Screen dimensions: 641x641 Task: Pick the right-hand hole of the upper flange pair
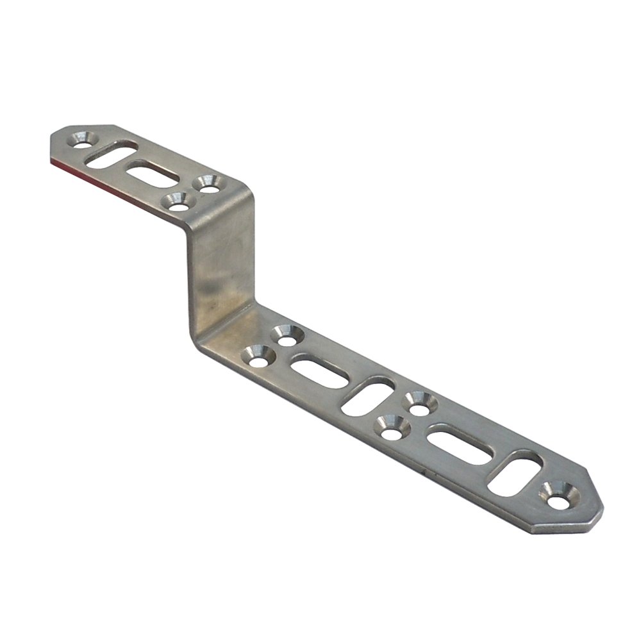point(207,185)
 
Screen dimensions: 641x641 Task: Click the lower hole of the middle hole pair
point(390,426)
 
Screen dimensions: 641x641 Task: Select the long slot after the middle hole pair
point(458,444)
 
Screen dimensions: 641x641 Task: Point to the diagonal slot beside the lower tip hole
point(515,474)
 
